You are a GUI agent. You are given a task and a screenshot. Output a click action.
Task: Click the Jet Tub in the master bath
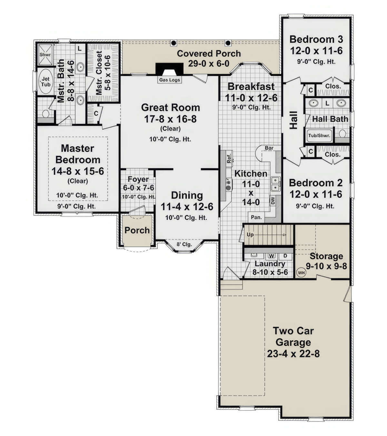coord(45,81)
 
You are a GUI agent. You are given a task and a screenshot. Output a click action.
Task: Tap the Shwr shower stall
coord(45,55)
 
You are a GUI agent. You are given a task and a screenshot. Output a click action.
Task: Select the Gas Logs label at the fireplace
coord(170,80)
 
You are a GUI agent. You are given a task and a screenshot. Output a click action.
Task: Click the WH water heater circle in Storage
coord(302,273)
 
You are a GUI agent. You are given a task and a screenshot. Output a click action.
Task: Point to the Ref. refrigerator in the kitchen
coord(229,158)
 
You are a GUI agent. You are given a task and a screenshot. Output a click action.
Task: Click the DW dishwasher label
coord(273,201)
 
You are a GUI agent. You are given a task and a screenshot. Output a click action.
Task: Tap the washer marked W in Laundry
coord(272,256)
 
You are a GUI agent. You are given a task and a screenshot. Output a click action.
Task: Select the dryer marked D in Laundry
coord(285,256)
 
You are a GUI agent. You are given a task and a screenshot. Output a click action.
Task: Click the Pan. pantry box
coord(256,217)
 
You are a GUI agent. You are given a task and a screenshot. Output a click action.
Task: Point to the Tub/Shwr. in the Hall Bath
coord(319,135)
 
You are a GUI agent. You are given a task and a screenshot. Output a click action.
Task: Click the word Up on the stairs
coord(250,234)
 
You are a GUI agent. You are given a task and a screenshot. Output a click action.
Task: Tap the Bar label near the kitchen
coord(269,148)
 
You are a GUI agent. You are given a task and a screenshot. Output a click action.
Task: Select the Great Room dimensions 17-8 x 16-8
coord(170,119)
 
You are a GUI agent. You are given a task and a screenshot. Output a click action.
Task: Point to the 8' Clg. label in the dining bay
coord(184,244)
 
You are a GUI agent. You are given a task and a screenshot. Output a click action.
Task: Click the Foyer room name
coord(138,179)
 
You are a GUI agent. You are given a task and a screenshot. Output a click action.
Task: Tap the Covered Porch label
coord(209,54)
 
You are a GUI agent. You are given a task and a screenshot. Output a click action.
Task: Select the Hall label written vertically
coord(294,120)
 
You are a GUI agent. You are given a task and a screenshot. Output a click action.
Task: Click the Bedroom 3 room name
coord(316,39)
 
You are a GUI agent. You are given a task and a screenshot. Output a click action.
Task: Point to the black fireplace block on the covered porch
coord(169,69)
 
